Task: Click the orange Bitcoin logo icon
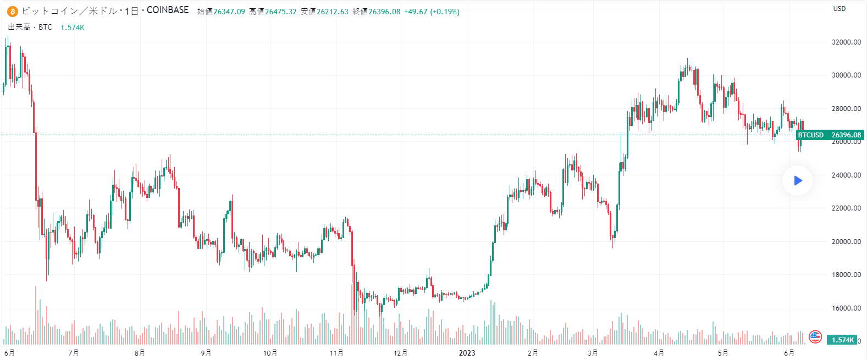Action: pyautogui.click(x=12, y=12)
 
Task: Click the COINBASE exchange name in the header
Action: pyautogui.click(x=168, y=10)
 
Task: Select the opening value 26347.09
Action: pyautogui.click(x=229, y=12)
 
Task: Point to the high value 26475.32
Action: pyautogui.click(x=280, y=12)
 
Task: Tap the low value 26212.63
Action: pyautogui.click(x=332, y=12)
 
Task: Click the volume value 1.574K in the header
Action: pyautogui.click(x=73, y=27)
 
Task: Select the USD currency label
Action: pyautogui.click(x=839, y=9)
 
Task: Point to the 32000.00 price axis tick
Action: pyautogui.click(x=846, y=42)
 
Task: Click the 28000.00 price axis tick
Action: pyautogui.click(x=846, y=109)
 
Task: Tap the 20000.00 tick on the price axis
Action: pyautogui.click(x=846, y=242)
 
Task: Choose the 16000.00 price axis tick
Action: pyautogui.click(x=846, y=308)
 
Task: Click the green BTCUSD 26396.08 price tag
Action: pyautogui.click(x=830, y=135)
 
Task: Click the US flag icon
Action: pyautogui.click(x=815, y=336)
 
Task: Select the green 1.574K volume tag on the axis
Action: pyautogui.click(x=842, y=340)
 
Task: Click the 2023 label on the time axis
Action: pyautogui.click(x=467, y=353)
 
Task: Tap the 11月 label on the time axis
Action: pyautogui.click(x=336, y=353)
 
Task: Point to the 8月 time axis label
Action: pyautogui.click(x=140, y=353)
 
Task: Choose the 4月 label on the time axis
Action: pyautogui.click(x=659, y=353)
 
